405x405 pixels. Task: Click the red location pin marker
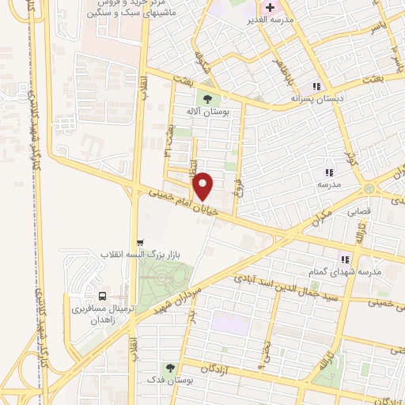point(203,186)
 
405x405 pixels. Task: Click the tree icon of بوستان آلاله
point(207,99)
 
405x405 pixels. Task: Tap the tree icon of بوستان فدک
point(169,368)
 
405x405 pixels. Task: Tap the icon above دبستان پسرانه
point(316,85)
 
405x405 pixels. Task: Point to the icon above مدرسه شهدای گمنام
point(345,258)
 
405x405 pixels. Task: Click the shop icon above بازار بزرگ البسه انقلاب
point(140,242)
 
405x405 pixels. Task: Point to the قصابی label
point(354,212)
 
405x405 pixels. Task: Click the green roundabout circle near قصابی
point(369,188)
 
